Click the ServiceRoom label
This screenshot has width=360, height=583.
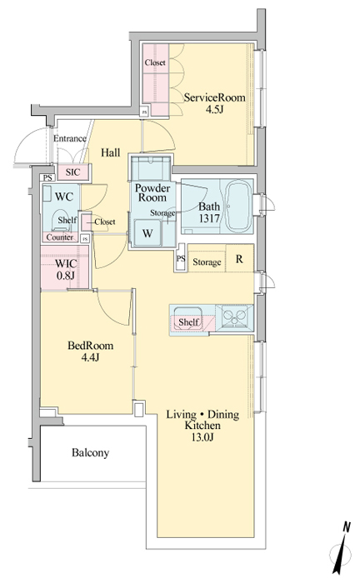point(215,97)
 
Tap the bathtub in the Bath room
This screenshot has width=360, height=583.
point(238,206)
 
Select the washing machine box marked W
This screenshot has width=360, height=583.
point(147,233)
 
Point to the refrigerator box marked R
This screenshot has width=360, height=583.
point(240,258)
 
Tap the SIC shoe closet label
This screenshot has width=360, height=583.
point(72,172)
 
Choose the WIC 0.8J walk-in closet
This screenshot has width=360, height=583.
point(65,267)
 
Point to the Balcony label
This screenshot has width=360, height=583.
point(90,453)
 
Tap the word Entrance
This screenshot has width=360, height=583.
point(70,139)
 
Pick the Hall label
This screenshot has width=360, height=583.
point(111,152)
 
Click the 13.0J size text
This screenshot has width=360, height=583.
point(202,437)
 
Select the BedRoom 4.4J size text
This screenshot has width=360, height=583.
point(90,357)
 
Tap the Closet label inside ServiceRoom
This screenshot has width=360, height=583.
point(155,62)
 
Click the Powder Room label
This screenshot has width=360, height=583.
point(152,192)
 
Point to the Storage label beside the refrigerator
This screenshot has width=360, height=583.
point(207,262)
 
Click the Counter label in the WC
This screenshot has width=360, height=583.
point(60,237)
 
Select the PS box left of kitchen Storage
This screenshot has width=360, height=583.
point(181,257)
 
